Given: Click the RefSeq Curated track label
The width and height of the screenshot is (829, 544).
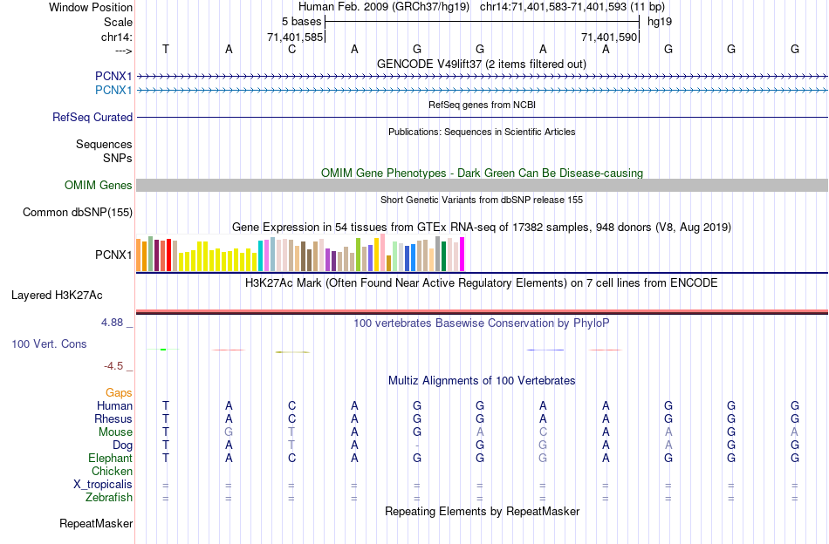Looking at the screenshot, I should tap(92, 117).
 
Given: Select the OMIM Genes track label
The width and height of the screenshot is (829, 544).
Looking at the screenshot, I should tap(99, 185).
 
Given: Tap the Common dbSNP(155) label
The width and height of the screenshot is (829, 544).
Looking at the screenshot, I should tap(78, 212).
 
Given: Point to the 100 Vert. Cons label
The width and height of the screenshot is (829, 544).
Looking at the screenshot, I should tap(49, 344).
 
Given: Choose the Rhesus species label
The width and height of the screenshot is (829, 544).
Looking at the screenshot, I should tap(113, 418).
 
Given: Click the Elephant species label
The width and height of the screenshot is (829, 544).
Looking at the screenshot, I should tap(110, 458).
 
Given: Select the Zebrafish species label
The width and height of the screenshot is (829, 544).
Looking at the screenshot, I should tap(110, 497).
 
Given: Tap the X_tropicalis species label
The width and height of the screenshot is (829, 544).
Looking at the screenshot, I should tap(103, 484).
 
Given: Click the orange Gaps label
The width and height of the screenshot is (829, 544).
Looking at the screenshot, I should tap(119, 392).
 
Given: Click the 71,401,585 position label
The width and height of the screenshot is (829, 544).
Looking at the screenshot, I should tap(294, 37).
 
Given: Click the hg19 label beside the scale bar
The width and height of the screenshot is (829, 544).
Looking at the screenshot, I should tap(660, 21).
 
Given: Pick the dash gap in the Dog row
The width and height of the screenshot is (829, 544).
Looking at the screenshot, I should tap(418, 445).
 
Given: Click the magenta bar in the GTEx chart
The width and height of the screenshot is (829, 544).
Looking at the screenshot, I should tap(462, 254).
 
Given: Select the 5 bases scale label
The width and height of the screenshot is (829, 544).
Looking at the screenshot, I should tap(301, 21).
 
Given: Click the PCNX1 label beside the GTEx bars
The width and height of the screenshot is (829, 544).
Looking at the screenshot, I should tap(113, 255).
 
